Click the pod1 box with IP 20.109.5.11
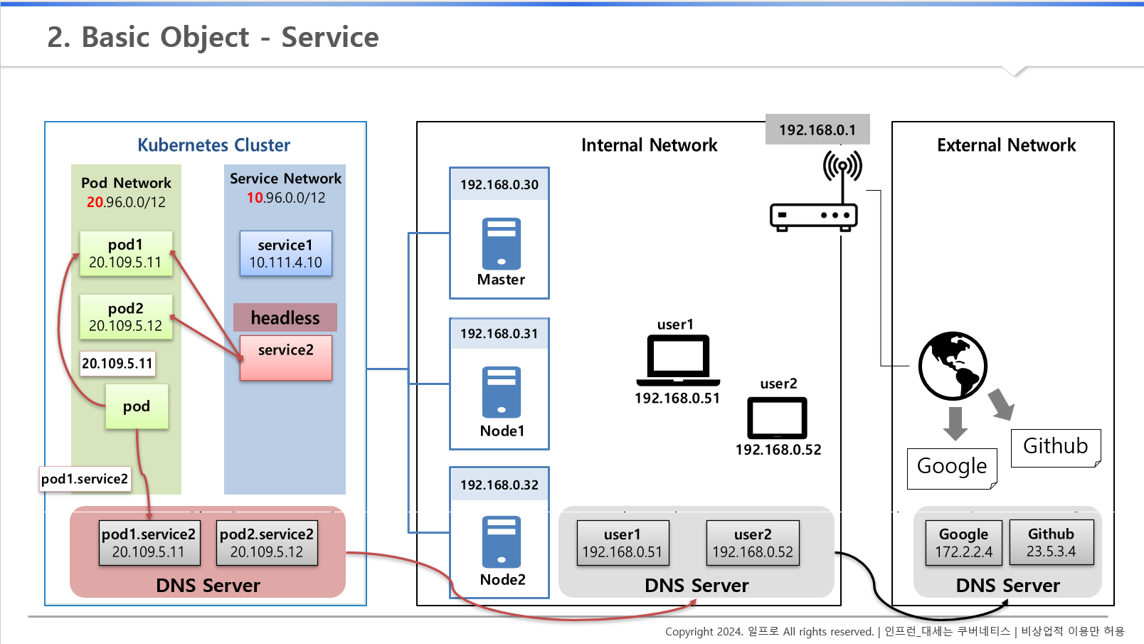tap(126, 253)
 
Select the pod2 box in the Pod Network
tap(126, 317)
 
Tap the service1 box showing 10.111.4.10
tap(285, 253)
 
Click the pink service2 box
tap(285, 357)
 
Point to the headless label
tap(285, 317)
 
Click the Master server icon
tap(502, 243)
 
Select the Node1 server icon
tap(502, 392)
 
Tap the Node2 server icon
tap(502, 542)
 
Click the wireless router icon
tap(814, 191)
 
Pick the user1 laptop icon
tap(678, 361)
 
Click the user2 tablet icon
tap(777, 418)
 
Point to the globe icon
tap(953, 366)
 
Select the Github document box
tap(1056, 448)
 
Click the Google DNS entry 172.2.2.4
tap(964, 543)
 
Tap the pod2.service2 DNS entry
tap(267, 543)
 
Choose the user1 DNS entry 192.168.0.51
tap(623, 543)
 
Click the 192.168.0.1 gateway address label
tap(817, 130)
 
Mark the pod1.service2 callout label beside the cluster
tap(85, 479)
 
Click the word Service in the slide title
tap(330, 37)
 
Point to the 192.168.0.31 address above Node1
tap(499, 334)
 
